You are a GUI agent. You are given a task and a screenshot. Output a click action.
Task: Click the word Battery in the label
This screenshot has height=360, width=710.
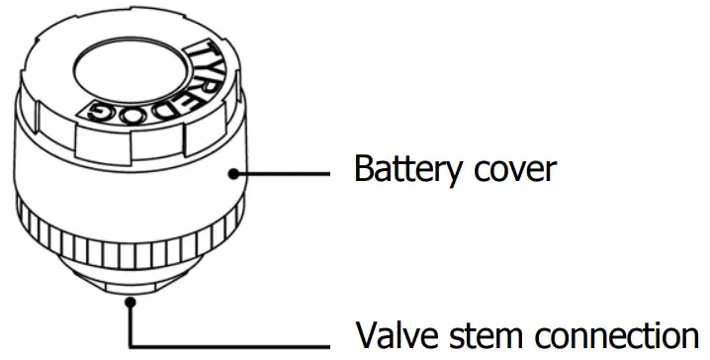click(x=406, y=169)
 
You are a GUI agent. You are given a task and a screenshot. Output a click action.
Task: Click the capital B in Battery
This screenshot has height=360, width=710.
click(x=365, y=169)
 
